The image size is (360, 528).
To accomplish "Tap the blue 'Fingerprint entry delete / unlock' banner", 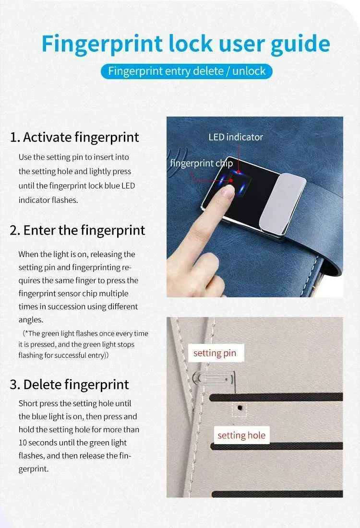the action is click(x=186, y=71).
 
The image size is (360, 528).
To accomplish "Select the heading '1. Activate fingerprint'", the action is click(x=74, y=137).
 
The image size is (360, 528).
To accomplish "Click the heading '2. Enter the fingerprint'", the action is click(x=77, y=231).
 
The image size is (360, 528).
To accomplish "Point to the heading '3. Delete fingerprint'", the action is click(x=69, y=385).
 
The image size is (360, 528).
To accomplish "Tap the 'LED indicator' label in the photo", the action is click(x=236, y=137).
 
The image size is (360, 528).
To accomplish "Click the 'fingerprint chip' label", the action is click(x=201, y=163).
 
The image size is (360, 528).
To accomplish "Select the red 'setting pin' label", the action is click(x=215, y=353).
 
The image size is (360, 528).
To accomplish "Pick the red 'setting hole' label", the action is click(x=241, y=435).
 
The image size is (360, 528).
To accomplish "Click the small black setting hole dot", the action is click(x=240, y=408).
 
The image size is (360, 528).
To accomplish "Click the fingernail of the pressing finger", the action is click(x=228, y=192).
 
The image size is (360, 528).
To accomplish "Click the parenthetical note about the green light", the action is click(x=83, y=344).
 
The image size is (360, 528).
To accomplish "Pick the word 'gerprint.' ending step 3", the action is click(x=34, y=469).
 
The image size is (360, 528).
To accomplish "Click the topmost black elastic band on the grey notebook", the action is click(x=276, y=397).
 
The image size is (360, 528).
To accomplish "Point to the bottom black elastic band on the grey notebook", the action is click(x=277, y=494).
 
